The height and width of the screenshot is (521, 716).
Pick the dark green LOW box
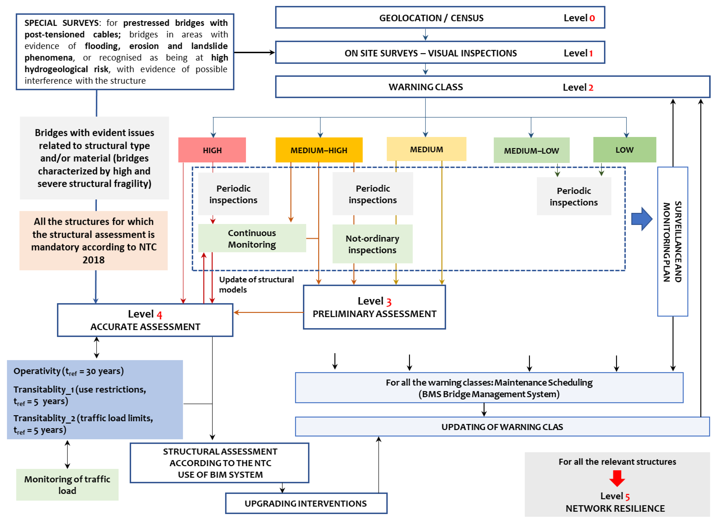click(625, 150)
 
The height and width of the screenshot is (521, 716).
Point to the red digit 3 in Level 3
click(389, 302)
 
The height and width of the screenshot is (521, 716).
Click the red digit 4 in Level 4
click(159, 315)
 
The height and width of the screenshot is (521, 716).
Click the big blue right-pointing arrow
click(641, 219)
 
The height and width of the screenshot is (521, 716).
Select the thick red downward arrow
click(617, 478)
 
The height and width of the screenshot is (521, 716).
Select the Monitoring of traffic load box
click(67, 484)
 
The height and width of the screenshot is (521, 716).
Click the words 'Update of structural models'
click(256, 284)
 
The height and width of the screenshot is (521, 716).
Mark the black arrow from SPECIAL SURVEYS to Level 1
click(254, 52)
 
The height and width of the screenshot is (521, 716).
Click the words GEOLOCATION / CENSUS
click(431, 18)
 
